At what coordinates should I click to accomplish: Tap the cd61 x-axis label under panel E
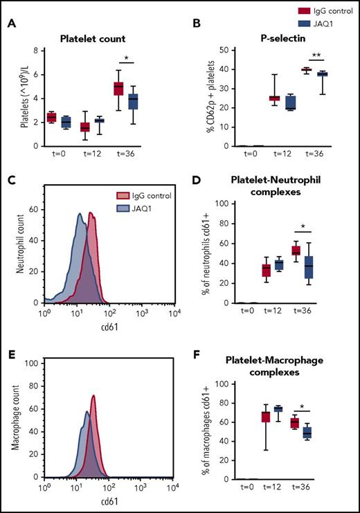coord(105,503)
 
